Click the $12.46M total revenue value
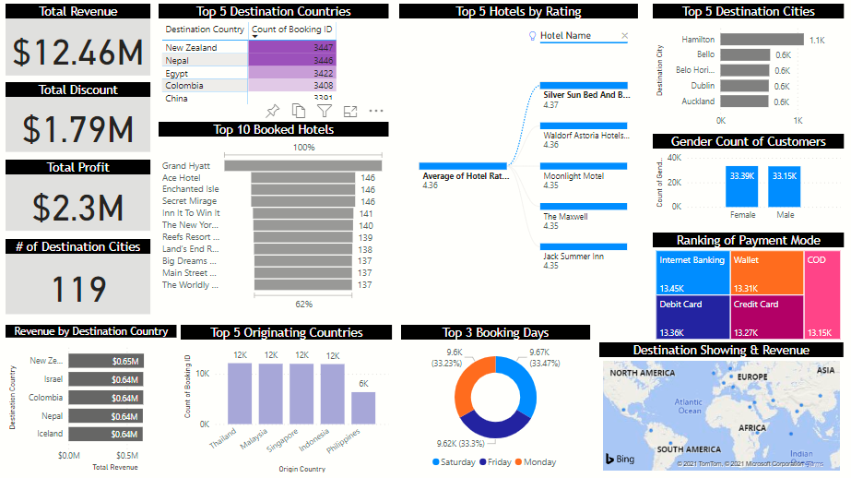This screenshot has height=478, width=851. point(78,53)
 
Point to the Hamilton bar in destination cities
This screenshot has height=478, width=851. point(762,40)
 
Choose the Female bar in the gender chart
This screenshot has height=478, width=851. point(742,186)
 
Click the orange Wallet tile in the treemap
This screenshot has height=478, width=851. point(767,272)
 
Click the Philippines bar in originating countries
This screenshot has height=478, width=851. point(363,407)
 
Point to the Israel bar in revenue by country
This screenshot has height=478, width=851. point(104,379)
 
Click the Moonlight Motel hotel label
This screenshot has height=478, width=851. point(573,175)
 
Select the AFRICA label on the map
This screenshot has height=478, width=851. point(752,427)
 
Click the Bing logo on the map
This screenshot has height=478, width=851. point(619,459)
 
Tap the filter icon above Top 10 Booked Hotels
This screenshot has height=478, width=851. point(324,111)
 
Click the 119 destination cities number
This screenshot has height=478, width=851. point(78,289)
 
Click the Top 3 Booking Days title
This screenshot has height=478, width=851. point(495,332)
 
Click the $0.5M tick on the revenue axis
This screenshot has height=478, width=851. point(126,456)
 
